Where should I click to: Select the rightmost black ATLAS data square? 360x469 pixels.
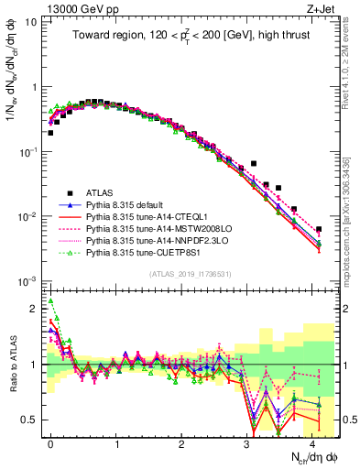click(x=318, y=230)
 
